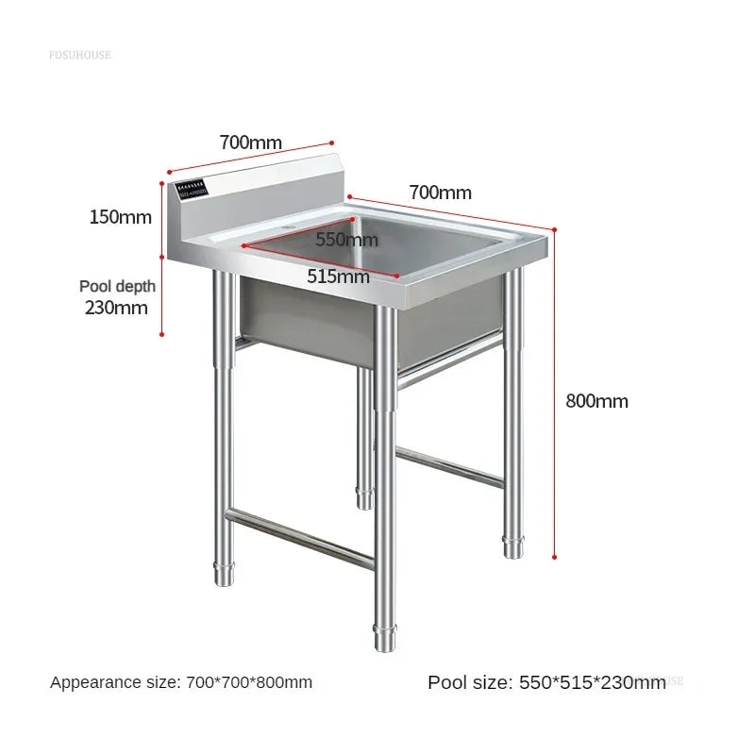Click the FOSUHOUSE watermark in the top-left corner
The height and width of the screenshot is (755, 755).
(x=79, y=55)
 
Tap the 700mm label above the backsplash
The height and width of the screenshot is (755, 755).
(x=250, y=143)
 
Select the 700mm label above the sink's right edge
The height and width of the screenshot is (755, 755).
(x=440, y=193)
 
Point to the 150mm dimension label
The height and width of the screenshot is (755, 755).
(x=120, y=217)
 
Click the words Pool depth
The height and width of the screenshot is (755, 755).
(x=117, y=286)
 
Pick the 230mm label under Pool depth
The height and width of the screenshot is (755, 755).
(x=117, y=307)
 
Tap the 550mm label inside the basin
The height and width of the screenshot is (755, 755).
(x=346, y=240)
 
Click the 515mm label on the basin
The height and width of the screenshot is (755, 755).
(x=338, y=277)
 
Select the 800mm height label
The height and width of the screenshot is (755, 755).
(x=596, y=400)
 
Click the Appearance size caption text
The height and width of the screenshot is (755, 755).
(x=181, y=681)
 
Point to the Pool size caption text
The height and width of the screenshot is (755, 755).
(x=546, y=682)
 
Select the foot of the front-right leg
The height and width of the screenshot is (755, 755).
(x=512, y=546)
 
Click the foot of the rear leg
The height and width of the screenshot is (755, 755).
(x=365, y=497)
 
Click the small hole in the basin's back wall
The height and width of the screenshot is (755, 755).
(x=286, y=229)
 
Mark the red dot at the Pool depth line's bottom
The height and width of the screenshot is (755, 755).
(x=163, y=333)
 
